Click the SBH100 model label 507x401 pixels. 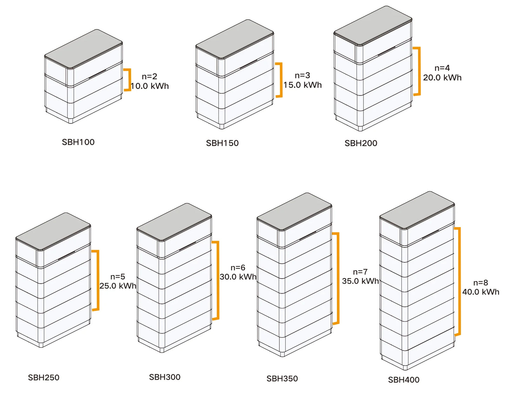[78, 142]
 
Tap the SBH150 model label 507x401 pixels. [222, 143]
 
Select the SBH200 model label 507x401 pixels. [361, 143]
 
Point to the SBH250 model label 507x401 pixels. [44, 377]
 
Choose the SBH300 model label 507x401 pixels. [165, 377]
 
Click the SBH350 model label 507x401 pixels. [282, 379]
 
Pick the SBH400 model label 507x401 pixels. [403, 380]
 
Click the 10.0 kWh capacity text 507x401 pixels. [150, 86]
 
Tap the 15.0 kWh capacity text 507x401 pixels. [302, 85]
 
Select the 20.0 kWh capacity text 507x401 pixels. [442, 78]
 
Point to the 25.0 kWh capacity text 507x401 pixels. [118, 286]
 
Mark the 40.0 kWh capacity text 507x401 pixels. [481, 292]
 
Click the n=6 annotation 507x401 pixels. [238, 268]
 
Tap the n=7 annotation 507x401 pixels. [360, 272]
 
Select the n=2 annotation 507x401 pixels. [149, 76]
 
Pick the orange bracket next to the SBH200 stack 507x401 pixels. [419, 71]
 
